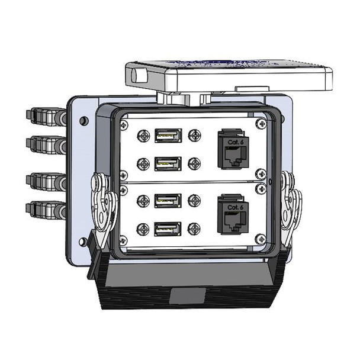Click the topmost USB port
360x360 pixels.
(168, 136)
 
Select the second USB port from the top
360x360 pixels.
(168, 163)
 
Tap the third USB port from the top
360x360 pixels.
(168, 201)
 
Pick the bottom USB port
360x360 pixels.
(168, 229)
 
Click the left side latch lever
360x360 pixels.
(102, 204)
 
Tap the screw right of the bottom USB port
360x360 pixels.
(194, 229)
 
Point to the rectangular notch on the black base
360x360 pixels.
(187, 295)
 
